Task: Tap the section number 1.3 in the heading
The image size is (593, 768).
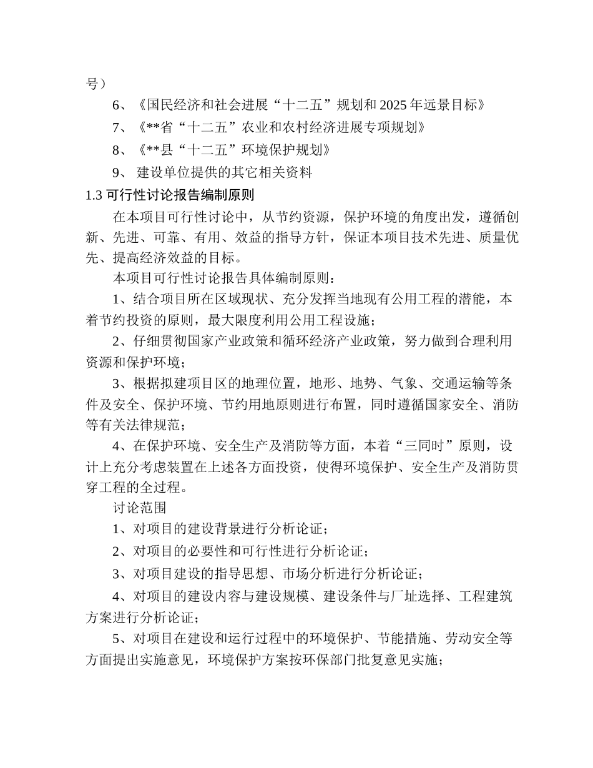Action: [x=93, y=195]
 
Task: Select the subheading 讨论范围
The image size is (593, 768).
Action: [x=139, y=508]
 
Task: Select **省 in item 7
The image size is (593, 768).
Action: [x=158, y=127]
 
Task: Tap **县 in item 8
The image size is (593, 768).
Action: [x=158, y=150]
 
